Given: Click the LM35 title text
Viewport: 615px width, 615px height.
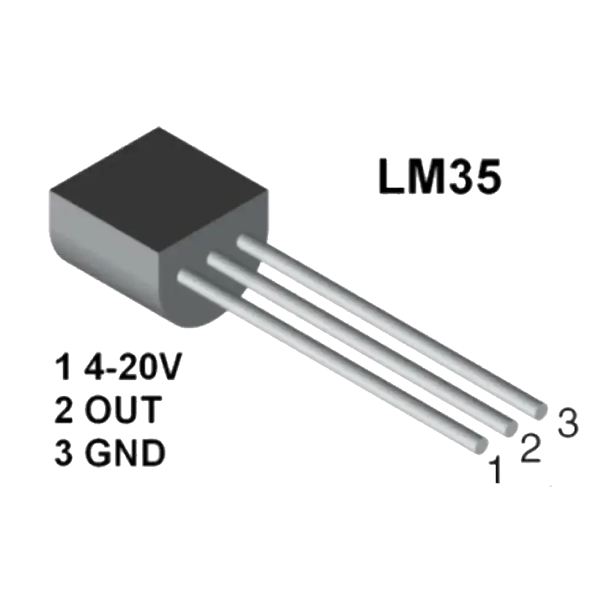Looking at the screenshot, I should pos(439,177).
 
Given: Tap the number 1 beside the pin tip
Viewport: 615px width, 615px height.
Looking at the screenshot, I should pos(495,472).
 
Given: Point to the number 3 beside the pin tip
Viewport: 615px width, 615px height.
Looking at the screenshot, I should pos(567,423).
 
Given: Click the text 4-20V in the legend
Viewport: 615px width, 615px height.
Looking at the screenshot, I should pos(133,369).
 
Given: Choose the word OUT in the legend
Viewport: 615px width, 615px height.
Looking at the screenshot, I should pos(123,411).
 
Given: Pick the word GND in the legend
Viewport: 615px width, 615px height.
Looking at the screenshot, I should pos(125,453).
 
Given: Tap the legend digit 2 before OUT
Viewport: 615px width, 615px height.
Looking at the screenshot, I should pos(63,411).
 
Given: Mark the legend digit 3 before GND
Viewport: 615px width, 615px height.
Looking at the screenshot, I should pos(63,453).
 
